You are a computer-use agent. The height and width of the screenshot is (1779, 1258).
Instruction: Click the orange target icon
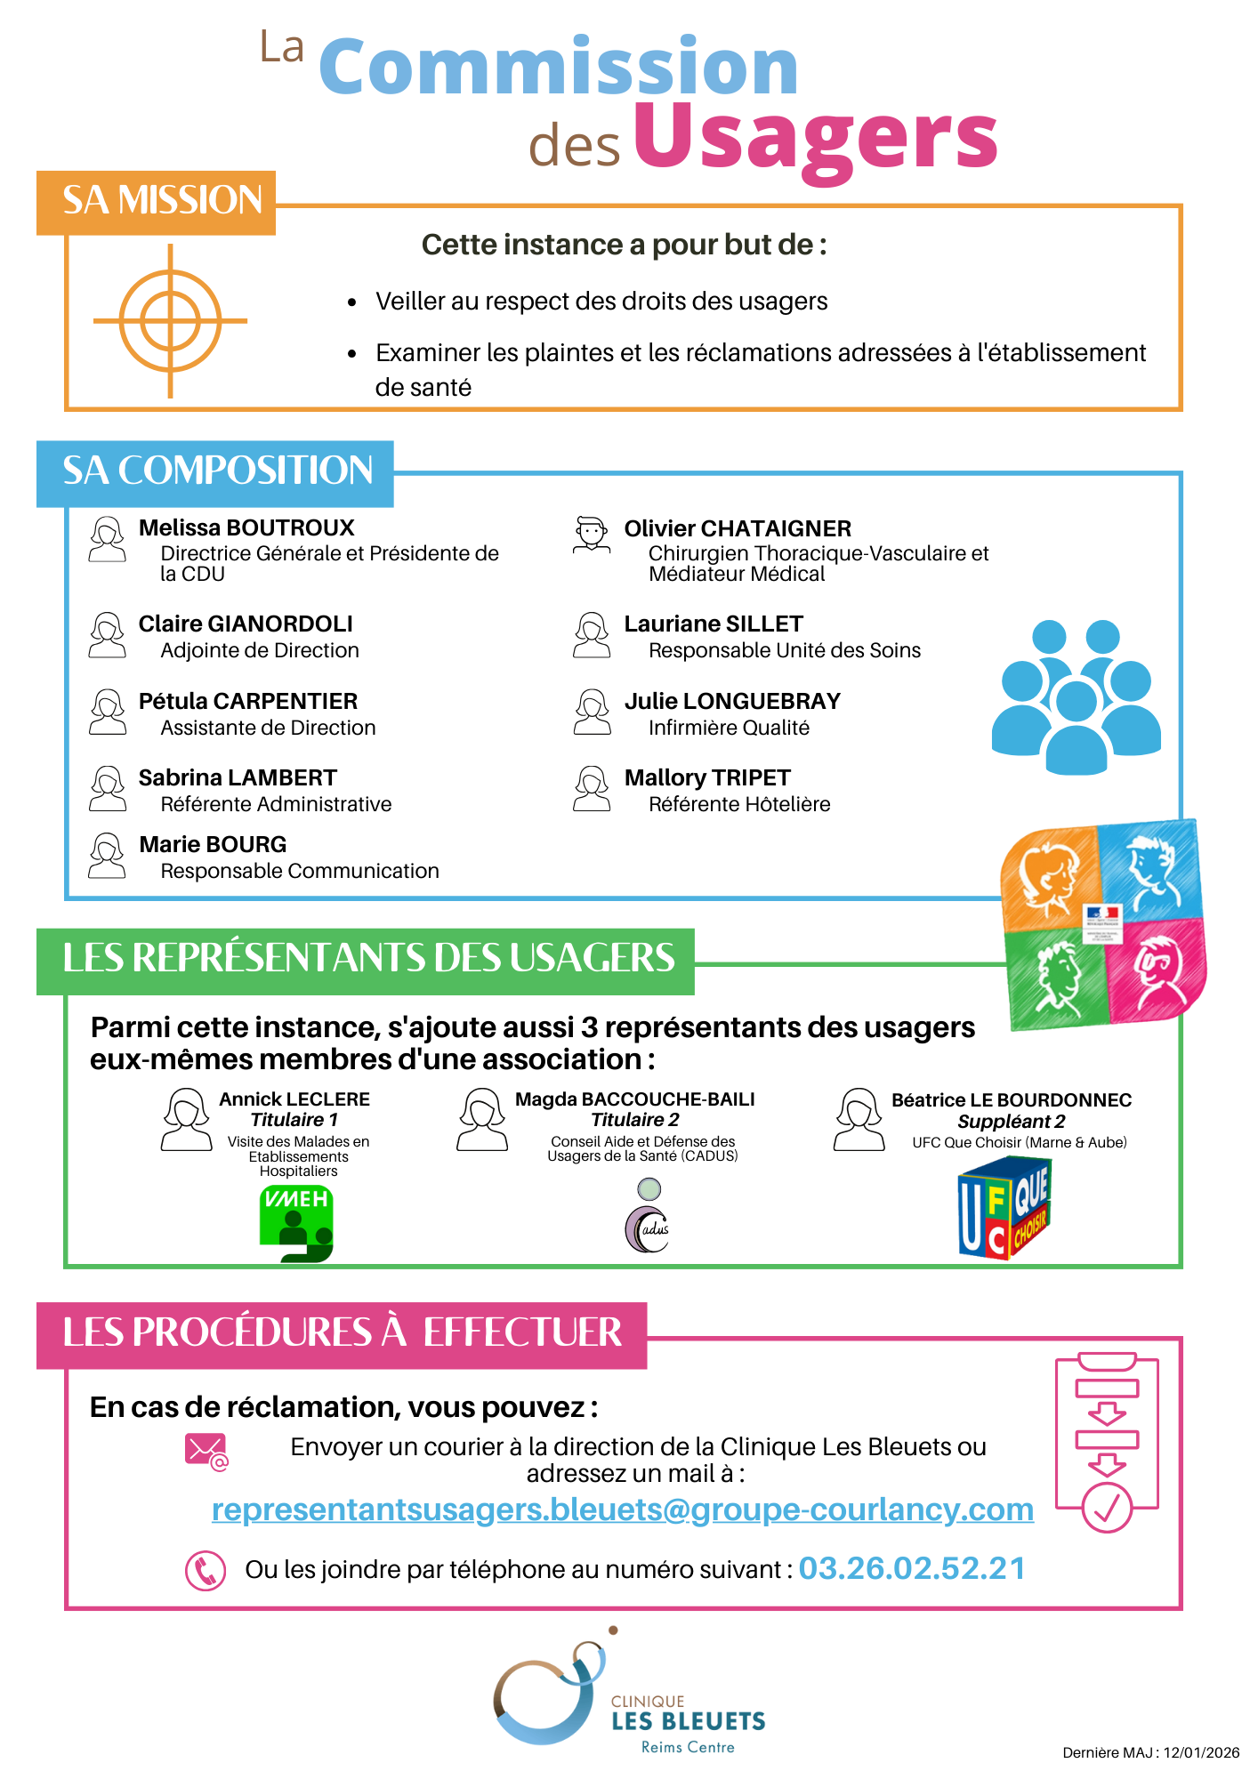[170, 321]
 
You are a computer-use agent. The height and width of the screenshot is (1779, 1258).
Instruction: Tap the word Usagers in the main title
[815, 138]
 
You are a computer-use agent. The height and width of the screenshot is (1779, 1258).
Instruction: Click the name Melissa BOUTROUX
[246, 527]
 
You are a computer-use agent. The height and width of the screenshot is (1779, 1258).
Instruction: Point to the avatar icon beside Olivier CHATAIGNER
[591, 535]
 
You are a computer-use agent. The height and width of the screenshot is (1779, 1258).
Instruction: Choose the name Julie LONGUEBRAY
[732, 701]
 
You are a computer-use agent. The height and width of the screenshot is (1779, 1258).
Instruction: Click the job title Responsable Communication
[300, 871]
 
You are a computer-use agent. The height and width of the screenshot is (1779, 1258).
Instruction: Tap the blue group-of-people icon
[1076, 696]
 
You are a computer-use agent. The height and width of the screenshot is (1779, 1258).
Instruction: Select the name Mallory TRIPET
[707, 777]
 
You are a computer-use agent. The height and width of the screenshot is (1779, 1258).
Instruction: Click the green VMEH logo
[296, 1224]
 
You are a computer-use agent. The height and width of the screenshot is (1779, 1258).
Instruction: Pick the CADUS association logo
[648, 1219]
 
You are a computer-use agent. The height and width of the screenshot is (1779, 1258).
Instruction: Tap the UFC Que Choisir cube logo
[1004, 1207]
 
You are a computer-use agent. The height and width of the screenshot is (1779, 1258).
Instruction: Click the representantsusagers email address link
[623, 1509]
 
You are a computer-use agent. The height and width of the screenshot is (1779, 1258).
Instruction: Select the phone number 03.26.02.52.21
[912, 1568]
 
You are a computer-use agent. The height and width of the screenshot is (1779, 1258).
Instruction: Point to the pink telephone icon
[206, 1571]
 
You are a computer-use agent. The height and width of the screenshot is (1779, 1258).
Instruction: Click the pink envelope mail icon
[206, 1451]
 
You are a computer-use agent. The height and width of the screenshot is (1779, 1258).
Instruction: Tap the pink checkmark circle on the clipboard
[1107, 1508]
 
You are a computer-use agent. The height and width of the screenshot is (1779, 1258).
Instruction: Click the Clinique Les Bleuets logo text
[688, 1721]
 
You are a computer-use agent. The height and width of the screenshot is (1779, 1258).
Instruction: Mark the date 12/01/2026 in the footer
[1201, 1752]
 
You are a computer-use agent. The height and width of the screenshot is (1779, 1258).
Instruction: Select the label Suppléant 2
[1012, 1122]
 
